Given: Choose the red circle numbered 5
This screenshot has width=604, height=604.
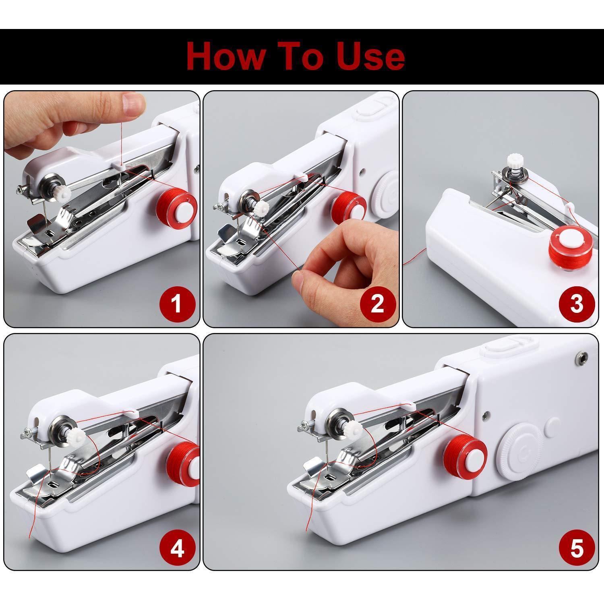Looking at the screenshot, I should coord(576,548).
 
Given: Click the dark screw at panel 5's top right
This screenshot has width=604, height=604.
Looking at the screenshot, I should coord(580,356).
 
